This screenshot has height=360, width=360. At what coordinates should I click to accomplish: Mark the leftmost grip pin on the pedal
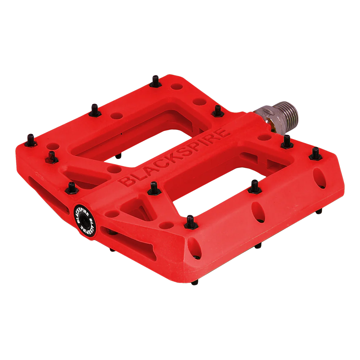31,139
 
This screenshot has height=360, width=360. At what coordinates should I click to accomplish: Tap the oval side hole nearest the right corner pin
318,176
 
